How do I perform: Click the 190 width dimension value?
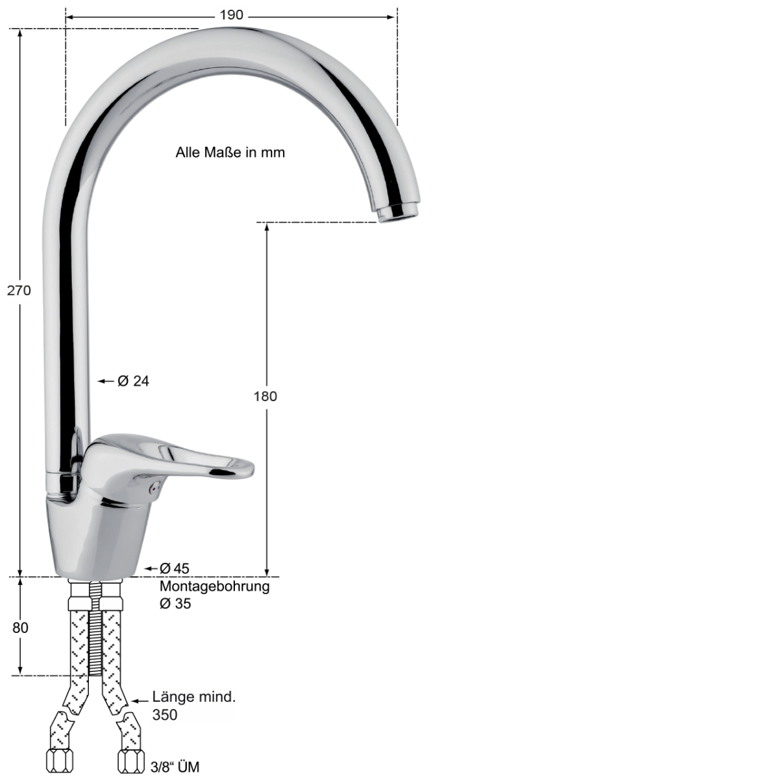(231, 16)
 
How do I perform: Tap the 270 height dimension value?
(19, 290)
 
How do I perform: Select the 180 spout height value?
(266, 396)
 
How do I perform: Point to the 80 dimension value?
(20, 628)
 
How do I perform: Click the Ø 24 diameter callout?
(134, 381)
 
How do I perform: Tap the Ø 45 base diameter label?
(174, 569)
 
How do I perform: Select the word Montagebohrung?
(214, 586)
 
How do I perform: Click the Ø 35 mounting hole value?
(175, 604)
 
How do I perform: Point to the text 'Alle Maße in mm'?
(230, 153)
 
